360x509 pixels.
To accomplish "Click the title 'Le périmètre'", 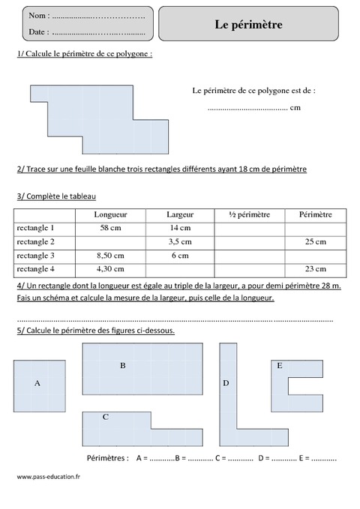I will pos(248,25).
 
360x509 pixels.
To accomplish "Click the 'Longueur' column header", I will pos(110,214).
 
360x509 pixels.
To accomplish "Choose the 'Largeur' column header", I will pos(180,214).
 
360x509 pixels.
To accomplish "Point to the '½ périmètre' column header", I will pos(249,214).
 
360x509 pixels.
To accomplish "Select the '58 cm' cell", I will pos(110,228).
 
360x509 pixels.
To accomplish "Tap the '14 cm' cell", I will pos(180,228).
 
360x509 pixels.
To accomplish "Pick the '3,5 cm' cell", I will pos(180,241).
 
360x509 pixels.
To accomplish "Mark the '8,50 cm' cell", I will pos(110,255).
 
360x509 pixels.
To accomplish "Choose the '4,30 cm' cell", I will pos(110,268).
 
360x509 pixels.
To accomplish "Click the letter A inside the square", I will pos(37,382).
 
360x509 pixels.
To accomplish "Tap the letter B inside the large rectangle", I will pos(122,366).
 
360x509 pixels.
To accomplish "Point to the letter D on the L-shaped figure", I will pos(226,383).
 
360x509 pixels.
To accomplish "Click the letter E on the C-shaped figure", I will pos(279,366).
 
